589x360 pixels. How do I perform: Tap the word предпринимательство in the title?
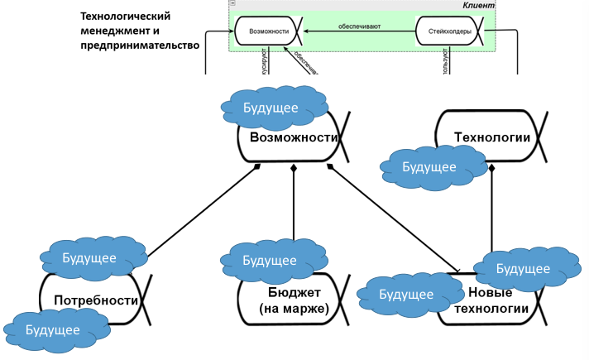coord(141,46)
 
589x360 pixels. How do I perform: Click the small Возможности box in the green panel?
coord(268,32)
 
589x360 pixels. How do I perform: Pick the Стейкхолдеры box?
coord(450,32)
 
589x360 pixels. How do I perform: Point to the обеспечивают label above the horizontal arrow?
coord(359,26)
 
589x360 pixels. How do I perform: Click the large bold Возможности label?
coord(294,137)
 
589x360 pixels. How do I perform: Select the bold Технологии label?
coord(492,137)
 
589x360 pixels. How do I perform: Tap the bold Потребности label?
coord(95,300)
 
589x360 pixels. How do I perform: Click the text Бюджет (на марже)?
coord(291,301)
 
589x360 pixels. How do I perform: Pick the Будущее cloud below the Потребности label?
coord(53,330)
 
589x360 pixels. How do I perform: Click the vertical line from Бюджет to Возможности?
coord(294,207)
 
